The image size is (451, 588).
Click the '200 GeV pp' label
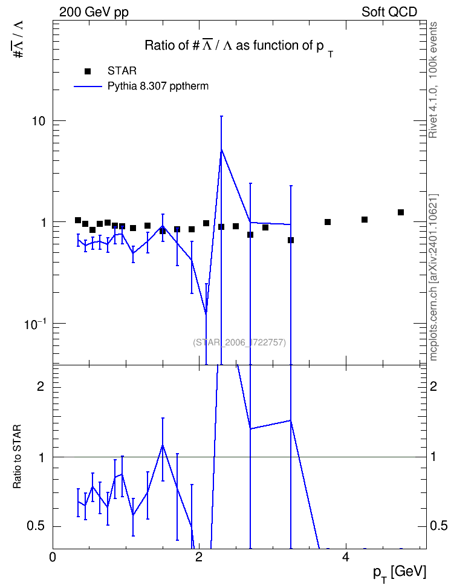click(94, 12)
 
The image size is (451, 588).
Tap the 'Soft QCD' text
click(389, 12)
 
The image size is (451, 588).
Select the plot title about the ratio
click(239, 47)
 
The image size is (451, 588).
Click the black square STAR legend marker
click(87, 71)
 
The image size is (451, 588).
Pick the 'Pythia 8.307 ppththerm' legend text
click(158, 87)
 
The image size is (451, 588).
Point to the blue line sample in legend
click(88, 87)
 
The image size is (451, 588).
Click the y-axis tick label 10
click(37, 122)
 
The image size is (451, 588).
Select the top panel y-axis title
click(18, 39)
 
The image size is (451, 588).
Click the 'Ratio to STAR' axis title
click(17, 456)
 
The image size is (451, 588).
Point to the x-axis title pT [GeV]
click(400, 573)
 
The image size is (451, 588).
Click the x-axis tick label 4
click(346, 557)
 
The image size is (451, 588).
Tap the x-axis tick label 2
click(199, 557)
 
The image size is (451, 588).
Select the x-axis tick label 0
click(53, 557)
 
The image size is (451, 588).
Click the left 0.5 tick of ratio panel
click(36, 526)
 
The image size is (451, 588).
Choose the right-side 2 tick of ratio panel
click(433, 386)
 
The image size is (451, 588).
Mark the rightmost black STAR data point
click(401, 212)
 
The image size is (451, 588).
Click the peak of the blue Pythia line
click(221, 149)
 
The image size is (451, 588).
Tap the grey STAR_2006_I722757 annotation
click(239, 342)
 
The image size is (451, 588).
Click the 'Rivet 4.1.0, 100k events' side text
click(433, 80)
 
